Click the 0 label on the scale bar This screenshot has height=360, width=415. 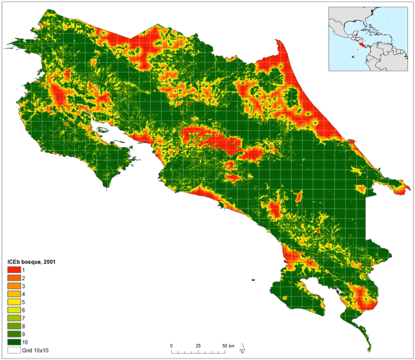(171, 346)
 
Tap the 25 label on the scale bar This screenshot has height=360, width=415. (198, 346)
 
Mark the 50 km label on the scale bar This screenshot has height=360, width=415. (229, 346)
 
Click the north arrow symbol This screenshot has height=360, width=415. (242, 349)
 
